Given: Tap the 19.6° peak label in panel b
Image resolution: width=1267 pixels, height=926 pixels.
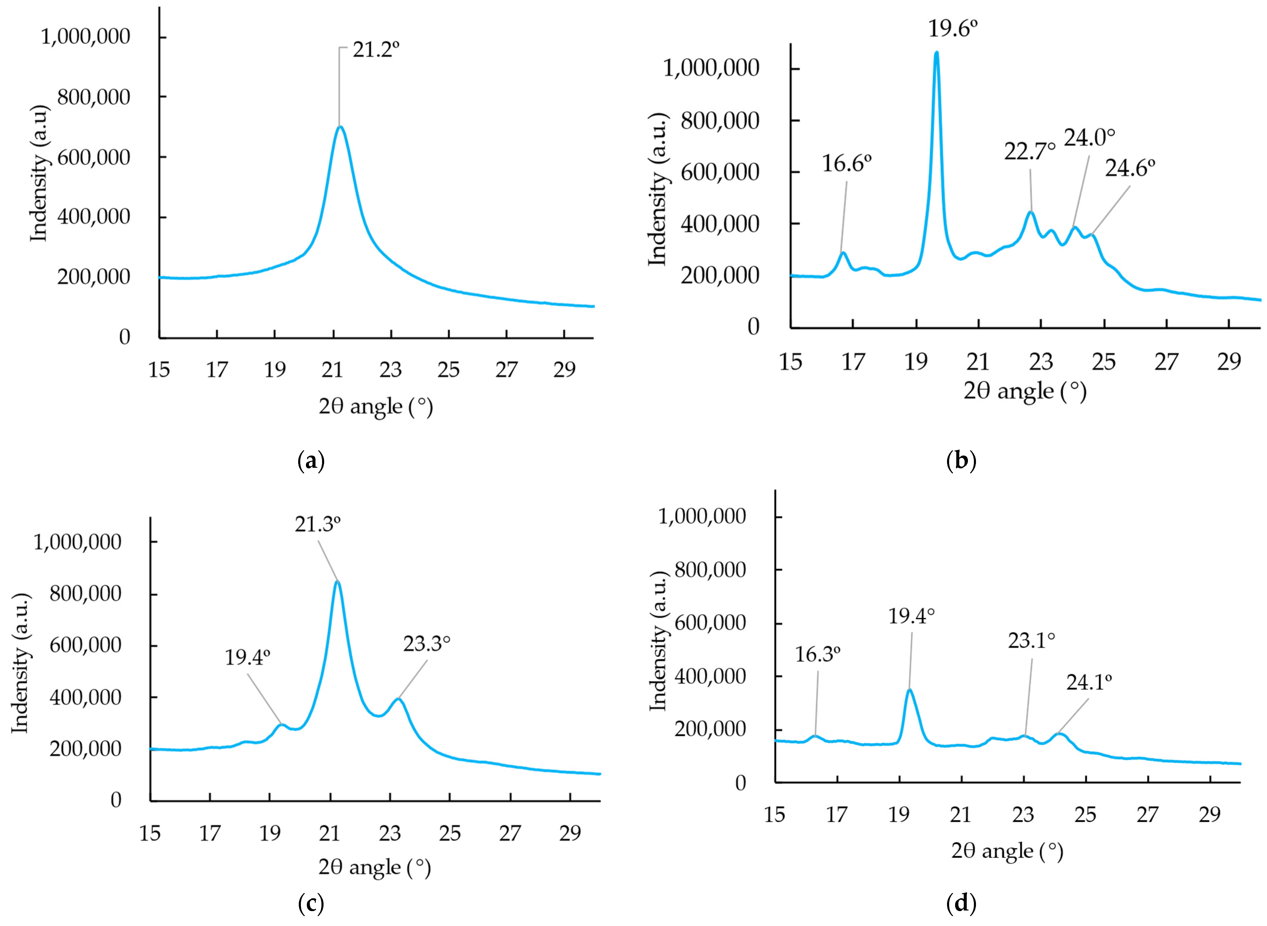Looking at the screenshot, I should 953,28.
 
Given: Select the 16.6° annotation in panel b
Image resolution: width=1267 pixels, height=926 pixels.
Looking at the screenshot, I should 847,164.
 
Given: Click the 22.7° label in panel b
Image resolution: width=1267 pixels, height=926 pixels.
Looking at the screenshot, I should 1029,151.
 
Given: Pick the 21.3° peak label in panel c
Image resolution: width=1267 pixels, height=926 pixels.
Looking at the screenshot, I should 317,524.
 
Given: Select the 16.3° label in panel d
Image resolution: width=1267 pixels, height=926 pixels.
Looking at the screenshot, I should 817,654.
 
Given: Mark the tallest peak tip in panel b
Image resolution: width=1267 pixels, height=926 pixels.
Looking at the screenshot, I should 936,53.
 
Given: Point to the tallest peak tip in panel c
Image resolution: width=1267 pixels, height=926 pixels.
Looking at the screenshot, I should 337,582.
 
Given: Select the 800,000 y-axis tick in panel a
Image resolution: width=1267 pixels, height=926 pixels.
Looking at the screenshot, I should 93,97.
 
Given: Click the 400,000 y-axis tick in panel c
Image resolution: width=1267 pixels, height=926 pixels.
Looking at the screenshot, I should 85,697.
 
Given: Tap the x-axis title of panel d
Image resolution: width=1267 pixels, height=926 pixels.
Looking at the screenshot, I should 1007,851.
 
